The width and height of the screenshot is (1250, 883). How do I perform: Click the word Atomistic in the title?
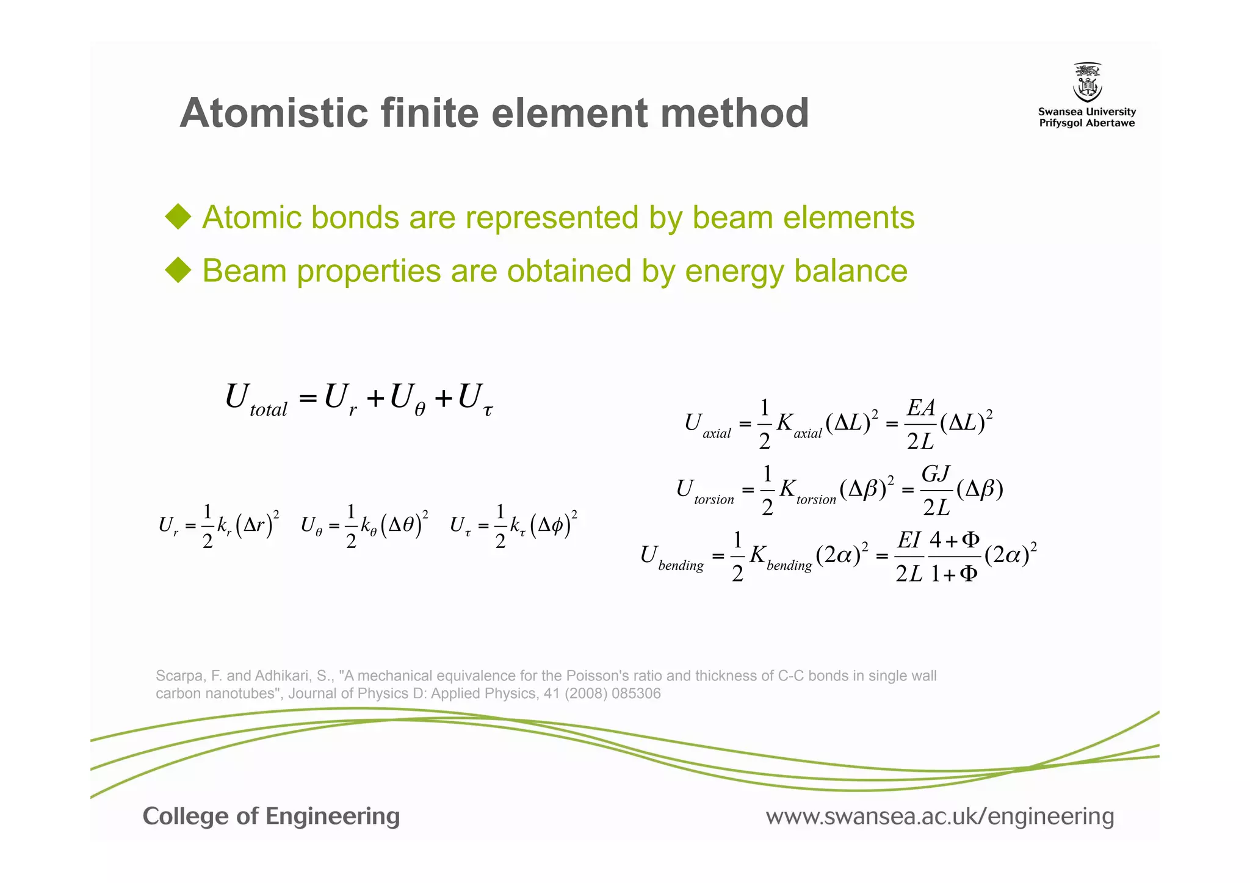click(x=274, y=113)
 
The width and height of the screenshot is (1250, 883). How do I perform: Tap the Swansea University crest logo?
click(x=1087, y=82)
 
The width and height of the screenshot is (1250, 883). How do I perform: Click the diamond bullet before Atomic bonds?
click(x=178, y=217)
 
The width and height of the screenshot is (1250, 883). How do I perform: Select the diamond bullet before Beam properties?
click(x=178, y=270)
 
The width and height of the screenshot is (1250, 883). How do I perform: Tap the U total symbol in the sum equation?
click(x=255, y=400)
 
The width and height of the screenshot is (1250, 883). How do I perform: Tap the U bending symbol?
click(x=671, y=557)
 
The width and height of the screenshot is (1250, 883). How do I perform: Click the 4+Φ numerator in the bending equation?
click(x=954, y=540)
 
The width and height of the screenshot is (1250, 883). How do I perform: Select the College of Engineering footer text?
click(x=271, y=816)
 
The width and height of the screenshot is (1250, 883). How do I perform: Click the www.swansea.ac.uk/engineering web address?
click(x=939, y=816)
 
